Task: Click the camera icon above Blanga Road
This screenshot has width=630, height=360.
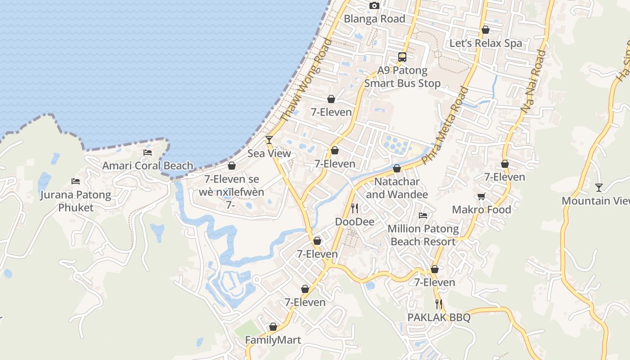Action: click(x=374, y=6)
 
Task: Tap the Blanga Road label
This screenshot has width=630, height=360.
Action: click(x=374, y=19)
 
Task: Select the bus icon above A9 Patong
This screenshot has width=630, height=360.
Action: click(x=402, y=57)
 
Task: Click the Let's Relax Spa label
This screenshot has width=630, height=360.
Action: click(x=486, y=43)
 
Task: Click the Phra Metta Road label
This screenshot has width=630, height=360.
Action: click(x=446, y=125)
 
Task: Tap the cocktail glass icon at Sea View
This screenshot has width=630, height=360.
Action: click(x=269, y=140)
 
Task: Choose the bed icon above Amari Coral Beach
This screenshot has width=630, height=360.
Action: click(x=148, y=153)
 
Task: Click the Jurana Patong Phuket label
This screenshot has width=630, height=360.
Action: click(x=76, y=201)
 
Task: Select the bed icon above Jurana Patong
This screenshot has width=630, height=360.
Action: click(x=76, y=181)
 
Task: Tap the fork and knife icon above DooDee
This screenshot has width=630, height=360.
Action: click(x=355, y=208)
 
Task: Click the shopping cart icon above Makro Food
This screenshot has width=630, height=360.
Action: click(x=481, y=196)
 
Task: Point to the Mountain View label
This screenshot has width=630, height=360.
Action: click(x=595, y=201)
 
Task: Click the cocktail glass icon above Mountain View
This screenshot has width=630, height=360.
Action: click(x=599, y=187)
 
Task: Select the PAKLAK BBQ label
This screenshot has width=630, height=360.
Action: click(x=439, y=318)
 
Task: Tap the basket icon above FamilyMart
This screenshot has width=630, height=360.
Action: click(x=273, y=327)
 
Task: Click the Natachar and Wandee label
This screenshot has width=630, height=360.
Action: click(x=397, y=188)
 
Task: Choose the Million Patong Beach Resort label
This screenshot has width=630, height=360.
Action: click(x=423, y=235)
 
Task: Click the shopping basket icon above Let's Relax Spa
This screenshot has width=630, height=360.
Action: click(x=486, y=30)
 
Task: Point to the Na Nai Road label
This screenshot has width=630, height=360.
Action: click(x=533, y=81)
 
